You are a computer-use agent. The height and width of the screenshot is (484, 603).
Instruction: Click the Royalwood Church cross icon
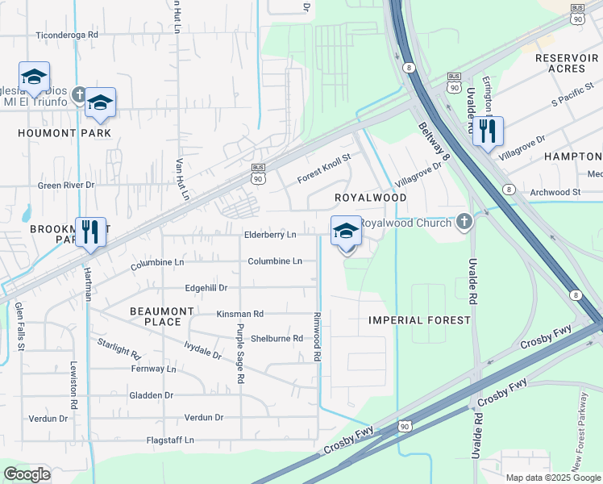coord(463,221)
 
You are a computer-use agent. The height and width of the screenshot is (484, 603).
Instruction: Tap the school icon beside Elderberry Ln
coord(346,232)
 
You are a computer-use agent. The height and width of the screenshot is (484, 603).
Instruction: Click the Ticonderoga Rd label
coord(67,35)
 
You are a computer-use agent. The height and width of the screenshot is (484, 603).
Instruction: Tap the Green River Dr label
coord(66,185)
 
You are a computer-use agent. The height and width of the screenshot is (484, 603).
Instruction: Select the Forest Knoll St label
coord(324,166)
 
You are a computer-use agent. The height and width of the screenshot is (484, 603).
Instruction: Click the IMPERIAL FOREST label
coord(419,320)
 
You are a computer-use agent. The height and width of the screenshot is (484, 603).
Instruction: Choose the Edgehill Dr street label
coord(206,287)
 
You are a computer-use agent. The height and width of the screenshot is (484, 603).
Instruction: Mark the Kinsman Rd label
coord(240,313)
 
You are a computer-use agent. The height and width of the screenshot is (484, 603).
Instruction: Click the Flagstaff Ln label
coord(170,440)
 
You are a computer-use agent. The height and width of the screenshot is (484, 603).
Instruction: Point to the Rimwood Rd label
coord(318,336)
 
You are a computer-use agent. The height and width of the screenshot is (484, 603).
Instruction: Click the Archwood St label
coord(555,192)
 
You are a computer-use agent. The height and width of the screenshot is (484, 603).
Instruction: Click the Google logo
coord(27,474)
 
